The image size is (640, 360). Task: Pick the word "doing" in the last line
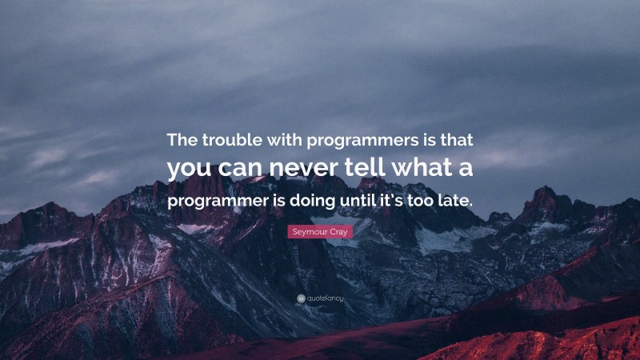coord(316,200)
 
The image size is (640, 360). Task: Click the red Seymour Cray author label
coord(319,231)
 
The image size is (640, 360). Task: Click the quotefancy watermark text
coord(325,298)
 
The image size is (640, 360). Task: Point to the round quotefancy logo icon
coord(300,298)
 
